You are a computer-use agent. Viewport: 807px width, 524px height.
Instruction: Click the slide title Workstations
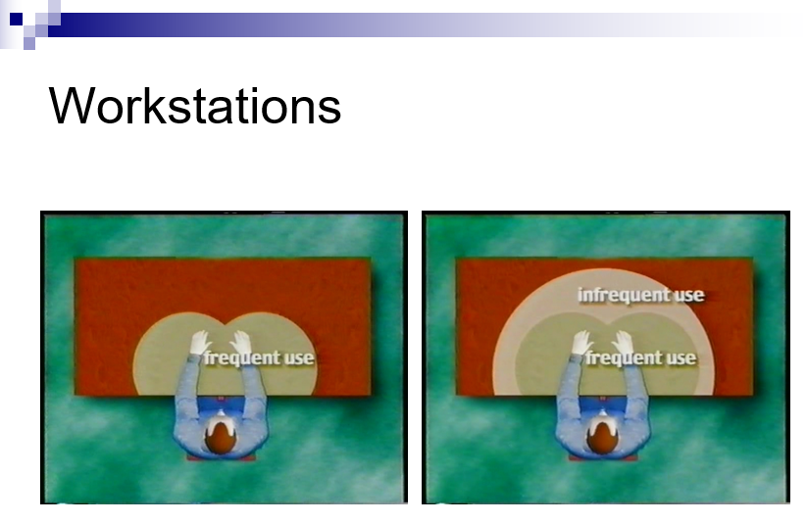point(194,106)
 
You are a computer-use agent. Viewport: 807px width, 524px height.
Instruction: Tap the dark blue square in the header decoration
point(16,19)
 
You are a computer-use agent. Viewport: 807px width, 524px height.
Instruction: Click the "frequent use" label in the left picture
point(258,357)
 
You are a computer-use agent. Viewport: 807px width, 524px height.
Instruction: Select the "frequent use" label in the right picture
point(640,357)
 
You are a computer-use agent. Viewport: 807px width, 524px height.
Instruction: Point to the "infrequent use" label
point(640,295)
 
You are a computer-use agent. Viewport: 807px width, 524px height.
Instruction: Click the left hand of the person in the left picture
point(200,342)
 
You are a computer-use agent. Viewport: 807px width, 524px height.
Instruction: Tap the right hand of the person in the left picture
point(240,342)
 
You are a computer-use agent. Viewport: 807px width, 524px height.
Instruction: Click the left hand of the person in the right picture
point(582,342)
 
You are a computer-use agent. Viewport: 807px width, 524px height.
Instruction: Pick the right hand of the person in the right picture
point(623,342)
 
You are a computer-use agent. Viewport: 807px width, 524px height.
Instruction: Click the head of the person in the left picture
point(221,436)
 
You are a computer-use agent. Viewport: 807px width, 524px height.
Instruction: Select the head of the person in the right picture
point(602,436)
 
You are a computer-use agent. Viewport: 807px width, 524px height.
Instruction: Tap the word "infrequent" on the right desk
point(623,295)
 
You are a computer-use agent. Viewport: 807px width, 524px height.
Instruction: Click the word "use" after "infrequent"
point(688,296)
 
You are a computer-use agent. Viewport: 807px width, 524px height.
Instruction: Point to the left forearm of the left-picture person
point(191,375)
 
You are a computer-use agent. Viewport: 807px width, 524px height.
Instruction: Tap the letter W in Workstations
point(71,106)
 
